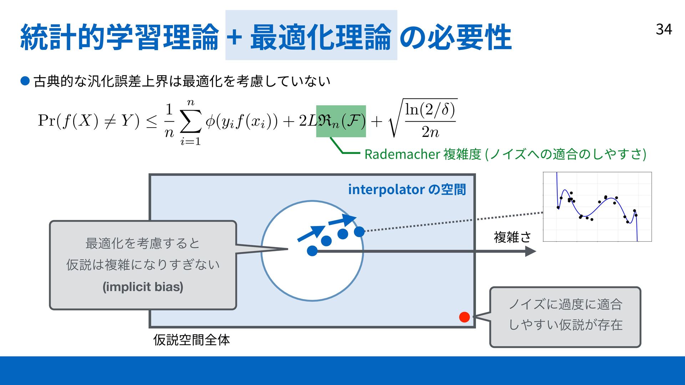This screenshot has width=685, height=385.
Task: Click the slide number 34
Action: coord(664,29)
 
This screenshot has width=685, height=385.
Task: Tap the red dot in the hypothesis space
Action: coord(464,317)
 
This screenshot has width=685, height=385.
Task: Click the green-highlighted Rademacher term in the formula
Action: coord(341,121)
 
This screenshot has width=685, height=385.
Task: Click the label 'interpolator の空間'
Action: coord(407,189)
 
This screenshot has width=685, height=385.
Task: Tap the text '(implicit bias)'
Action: coord(143,287)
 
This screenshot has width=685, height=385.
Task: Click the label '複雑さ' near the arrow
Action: coord(512,237)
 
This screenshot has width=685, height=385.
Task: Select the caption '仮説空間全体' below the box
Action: coord(191,340)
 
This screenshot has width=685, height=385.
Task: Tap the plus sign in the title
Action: coord(234,36)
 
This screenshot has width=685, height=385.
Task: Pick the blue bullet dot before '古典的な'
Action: coord(25,81)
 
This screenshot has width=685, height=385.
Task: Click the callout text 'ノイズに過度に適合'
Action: coord(565,304)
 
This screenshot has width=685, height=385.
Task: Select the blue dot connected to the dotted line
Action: coord(359,232)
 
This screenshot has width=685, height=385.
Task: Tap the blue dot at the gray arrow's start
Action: coord(312,251)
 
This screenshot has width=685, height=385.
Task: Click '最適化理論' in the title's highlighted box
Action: coord(320,36)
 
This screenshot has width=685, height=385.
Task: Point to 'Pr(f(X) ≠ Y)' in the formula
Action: coord(88,121)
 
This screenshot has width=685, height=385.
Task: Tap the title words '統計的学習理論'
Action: coord(119,36)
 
